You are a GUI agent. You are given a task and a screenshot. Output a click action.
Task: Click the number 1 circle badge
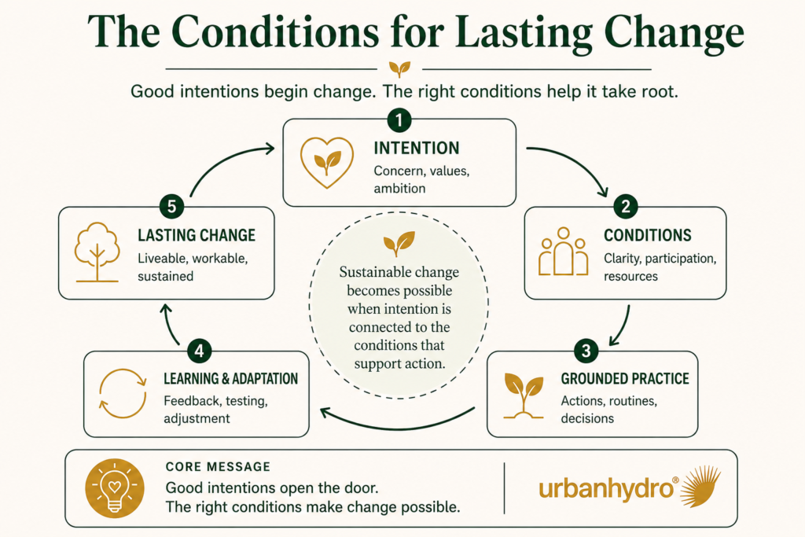tap(399, 120)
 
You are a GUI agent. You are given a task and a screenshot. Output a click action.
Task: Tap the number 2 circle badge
tap(625, 207)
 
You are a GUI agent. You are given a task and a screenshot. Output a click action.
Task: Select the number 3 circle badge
tap(586, 351)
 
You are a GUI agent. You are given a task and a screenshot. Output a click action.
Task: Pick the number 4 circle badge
tap(199, 351)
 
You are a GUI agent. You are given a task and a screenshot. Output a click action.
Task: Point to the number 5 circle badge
tap(171, 207)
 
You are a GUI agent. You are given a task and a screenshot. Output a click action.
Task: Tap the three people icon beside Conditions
tap(563, 252)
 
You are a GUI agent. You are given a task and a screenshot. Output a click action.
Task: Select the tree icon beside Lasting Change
tap(97, 252)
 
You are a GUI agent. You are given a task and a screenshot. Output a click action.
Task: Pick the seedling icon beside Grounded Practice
tap(524, 396)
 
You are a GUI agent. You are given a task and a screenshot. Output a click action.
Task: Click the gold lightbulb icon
tap(115, 487)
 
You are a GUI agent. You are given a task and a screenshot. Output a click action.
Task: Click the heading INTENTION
tap(417, 149)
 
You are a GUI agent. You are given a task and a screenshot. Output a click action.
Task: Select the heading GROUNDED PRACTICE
tap(625, 379)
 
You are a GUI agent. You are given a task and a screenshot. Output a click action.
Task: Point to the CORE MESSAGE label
tap(218, 467)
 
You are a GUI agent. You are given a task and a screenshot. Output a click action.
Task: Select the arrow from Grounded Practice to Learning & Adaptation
tap(395, 424)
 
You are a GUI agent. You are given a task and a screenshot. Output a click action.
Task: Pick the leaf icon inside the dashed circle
tap(399, 244)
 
